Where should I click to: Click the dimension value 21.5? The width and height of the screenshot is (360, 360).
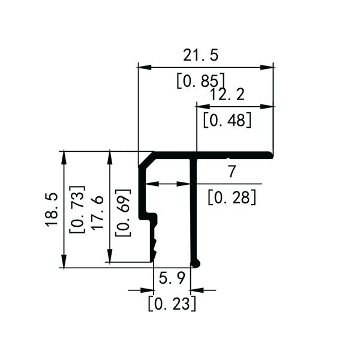click(x=201, y=55)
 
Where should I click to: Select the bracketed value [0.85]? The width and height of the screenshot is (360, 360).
click(x=201, y=80)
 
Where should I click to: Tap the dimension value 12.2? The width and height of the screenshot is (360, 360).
click(x=227, y=95)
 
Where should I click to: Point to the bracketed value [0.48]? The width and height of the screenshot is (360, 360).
click(x=227, y=120)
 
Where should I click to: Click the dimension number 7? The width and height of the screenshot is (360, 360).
click(x=232, y=172)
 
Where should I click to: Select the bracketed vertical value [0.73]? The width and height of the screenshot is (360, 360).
click(x=77, y=209)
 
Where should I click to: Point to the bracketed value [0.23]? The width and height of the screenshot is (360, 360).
click(x=172, y=304)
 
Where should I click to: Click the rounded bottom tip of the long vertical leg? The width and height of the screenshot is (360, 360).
click(x=194, y=262)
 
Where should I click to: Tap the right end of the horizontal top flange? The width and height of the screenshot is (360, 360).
click(x=271, y=155)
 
